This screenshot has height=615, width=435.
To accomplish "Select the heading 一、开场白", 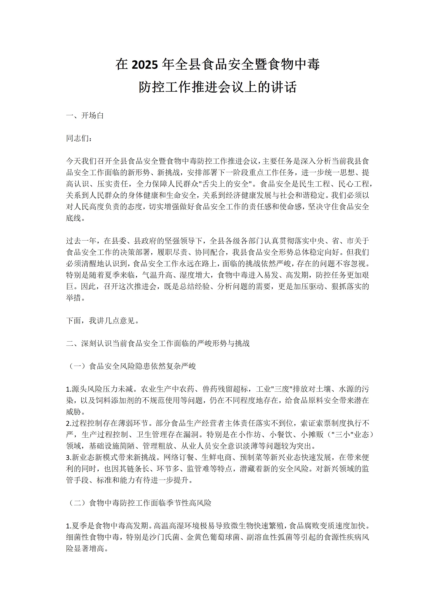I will pos(85,116).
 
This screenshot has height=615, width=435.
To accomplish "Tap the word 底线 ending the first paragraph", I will pos(73,218).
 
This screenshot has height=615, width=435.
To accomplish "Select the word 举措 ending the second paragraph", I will pos(73,298).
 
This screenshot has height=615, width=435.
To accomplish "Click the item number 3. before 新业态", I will pos(69,457).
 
